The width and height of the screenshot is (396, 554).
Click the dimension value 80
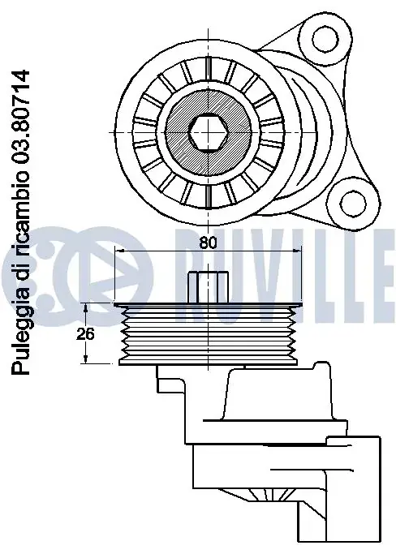[208, 243]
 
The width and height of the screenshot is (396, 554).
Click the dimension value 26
[85, 333]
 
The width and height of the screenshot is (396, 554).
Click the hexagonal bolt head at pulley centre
[208, 133]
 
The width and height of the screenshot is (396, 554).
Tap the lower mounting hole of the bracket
[353, 203]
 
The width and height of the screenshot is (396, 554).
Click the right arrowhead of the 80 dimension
[297, 251]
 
